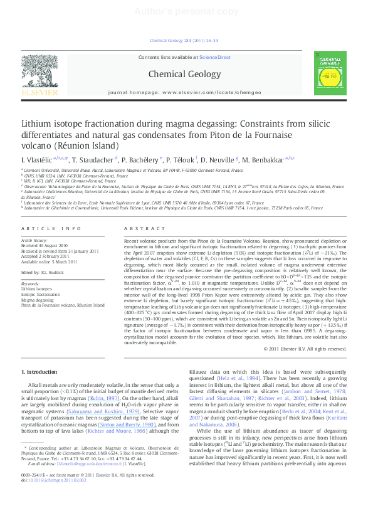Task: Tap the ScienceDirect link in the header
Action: coord(214,57)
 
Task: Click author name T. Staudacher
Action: coord(92,160)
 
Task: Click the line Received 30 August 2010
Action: coord(50,246)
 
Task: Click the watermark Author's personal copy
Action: coord(186,11)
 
